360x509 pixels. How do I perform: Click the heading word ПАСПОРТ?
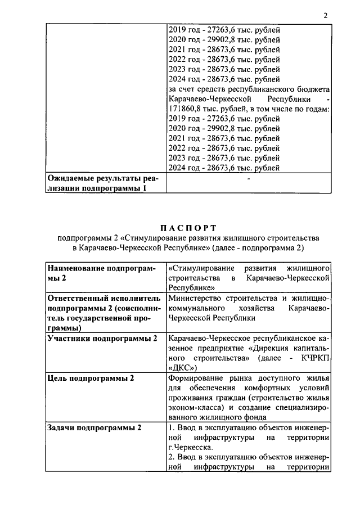188,228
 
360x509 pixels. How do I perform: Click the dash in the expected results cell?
248,179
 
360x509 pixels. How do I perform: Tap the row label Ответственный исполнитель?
104,298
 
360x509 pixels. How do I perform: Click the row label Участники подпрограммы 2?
102,338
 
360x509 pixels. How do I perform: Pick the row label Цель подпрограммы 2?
91,378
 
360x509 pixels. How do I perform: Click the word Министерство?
195,298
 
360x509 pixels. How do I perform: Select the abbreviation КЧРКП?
312,358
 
